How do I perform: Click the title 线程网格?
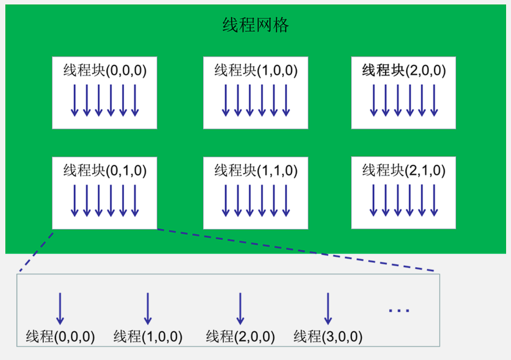pyautogui.click(x=256, y=25)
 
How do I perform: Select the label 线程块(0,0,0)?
pyautogui.click(x=105, y=70)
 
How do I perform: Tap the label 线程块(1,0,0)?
pyautogui.click(x=256, y=70)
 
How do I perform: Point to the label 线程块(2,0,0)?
pyautogui.click(x=404, y=70)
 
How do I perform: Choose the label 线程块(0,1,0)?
pyautogui.click(x=105, y=170)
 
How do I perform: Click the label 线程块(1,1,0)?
pyautogui.click(x=256, y=170)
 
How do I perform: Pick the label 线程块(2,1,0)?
pyautogui.click(x=404, y=170)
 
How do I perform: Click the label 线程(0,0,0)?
pyautogui.click(x=60, y=337)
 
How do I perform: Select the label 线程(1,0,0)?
pyautogui.click(x=148, y=337)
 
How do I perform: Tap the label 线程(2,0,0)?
pyautogui.click(x=240, y=337)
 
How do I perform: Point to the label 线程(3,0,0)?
pyautogui.click(x=328, y=337)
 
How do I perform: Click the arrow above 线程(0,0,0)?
pyautogui.click(x=60, y=308)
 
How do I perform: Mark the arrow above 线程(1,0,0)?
pyautogui.click(x=148, y=308)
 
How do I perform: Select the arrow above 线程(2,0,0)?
pyautogui.click(x=240, y=308)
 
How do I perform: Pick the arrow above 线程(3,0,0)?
pyautogui.click(x=328, y=308)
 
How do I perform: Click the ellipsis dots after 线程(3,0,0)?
pyautogui.click(x=399, y=310)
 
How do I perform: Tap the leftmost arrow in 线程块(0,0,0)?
pyautogui.click(x=75, y=100)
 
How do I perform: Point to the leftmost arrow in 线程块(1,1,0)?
pyautogui.click(x=226, y=200)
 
